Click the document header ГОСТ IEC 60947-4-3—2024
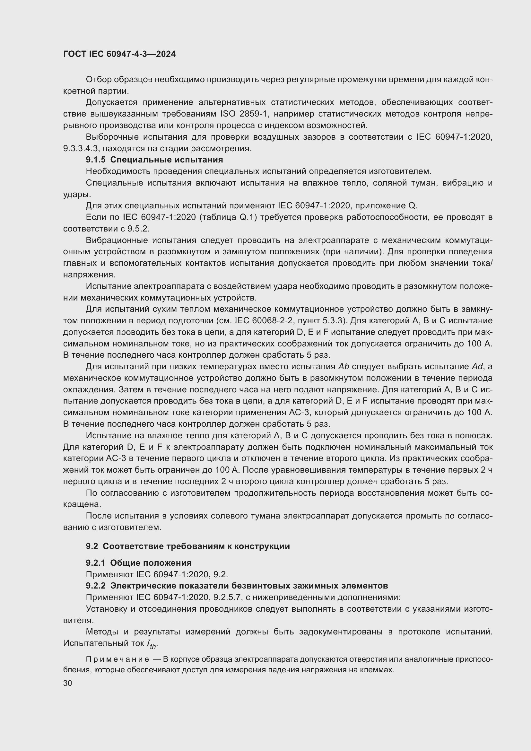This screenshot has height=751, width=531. tap(119, 54)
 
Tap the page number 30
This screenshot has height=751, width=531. tap(68, 683)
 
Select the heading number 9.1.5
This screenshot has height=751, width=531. tap(96, 160)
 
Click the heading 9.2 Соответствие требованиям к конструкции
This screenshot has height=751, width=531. tap(188, 546)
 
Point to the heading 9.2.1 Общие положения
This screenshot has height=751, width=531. tap(139, 563)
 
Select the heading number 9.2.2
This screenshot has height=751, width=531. tap(96, 586)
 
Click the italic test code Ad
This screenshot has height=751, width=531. tap(477, 367)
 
